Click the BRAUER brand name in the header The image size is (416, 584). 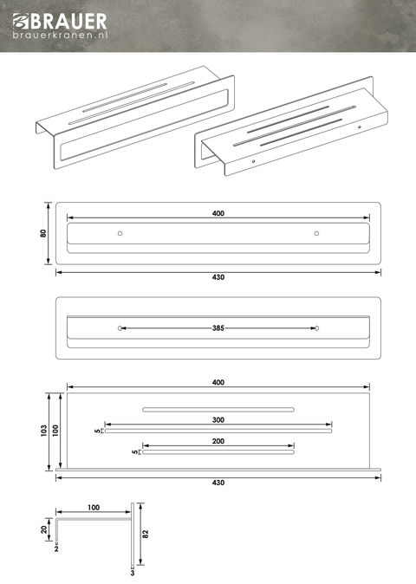(x=68, y=22)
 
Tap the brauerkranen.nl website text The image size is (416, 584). (x=60, y=35)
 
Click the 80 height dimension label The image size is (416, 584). (x=43, y=234)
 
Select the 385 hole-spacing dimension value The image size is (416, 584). (x=218, y=328)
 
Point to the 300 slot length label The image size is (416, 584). (x=218, y=419)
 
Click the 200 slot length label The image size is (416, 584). (x=218, y=441)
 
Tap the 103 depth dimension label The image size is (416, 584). (x=44, y=431)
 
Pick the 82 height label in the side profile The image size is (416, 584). (x=146, y=534)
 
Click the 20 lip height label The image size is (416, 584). (x=44, y=529)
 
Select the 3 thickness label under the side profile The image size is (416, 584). (x=133, y=573)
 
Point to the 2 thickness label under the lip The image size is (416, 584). (x=56, y=548)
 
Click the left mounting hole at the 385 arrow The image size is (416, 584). (x=120, y=328)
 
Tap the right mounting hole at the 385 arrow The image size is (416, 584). (x=316, y=328)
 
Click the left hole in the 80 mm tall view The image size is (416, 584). (x=120, y=234)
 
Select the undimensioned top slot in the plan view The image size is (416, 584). (x=218, y=410)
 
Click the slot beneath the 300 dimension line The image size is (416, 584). (x=218, y=431)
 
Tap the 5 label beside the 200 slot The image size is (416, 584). (x=134, y=452)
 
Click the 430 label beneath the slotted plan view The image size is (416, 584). (x=218, y=483)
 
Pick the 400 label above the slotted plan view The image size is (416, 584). (x=218, y=382)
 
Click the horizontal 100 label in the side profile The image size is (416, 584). (x=94, y=507)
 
